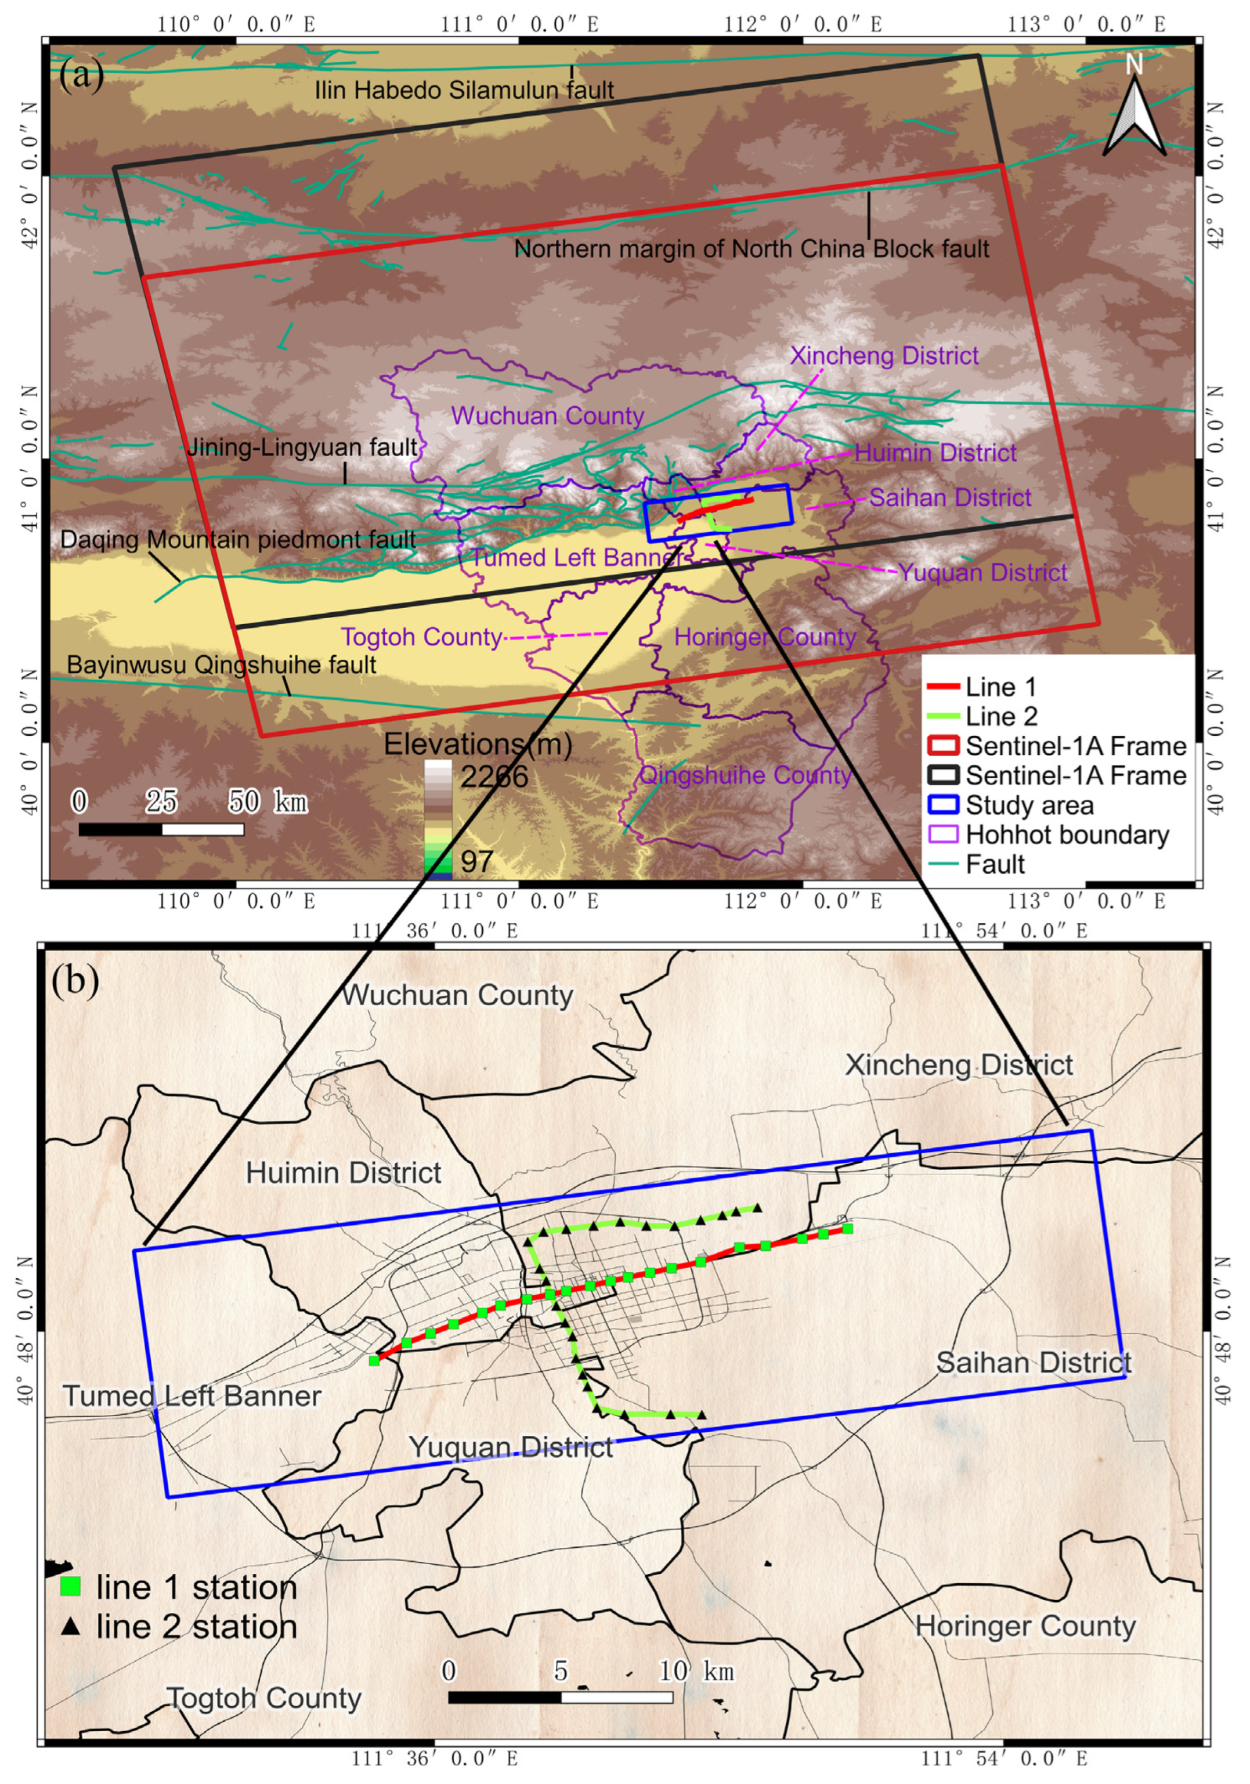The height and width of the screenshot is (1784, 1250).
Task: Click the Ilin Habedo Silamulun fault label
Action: point(464,90)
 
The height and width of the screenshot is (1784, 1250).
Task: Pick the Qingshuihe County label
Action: point(744,775)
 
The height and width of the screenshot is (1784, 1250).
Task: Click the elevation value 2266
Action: point(494,777)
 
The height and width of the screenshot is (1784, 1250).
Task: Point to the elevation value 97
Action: point(476,861)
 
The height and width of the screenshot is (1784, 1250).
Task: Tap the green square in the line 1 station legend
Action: point(71,1586)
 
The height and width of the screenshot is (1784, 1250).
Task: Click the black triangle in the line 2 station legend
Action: point(71,1626)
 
